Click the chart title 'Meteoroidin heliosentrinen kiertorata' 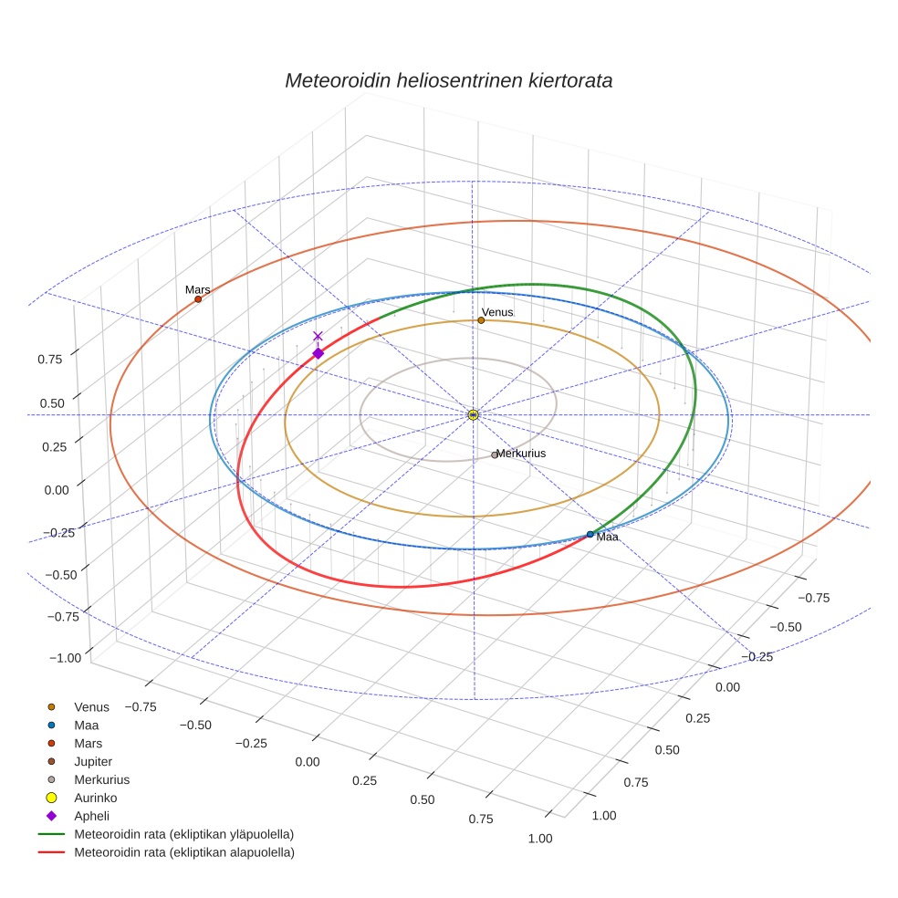(x=448, y=80)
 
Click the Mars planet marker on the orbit (x=198, y=299)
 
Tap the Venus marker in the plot (x=481, y=320)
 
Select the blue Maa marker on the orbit (x=590, y=534)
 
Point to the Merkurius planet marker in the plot (x=495, y=454)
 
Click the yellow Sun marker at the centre (x=473, y=415)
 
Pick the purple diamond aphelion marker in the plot (x=318, y=353)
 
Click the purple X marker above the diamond (x=318, y=336)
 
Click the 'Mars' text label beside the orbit (x=197, y=289)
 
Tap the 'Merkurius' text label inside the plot (x=521, y=453)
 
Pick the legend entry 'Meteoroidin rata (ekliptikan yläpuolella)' (x=183, y=834)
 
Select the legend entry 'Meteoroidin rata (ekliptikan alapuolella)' (x=183, y=852)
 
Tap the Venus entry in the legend (x=91, y=706)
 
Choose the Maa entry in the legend (x=87, y=725)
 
